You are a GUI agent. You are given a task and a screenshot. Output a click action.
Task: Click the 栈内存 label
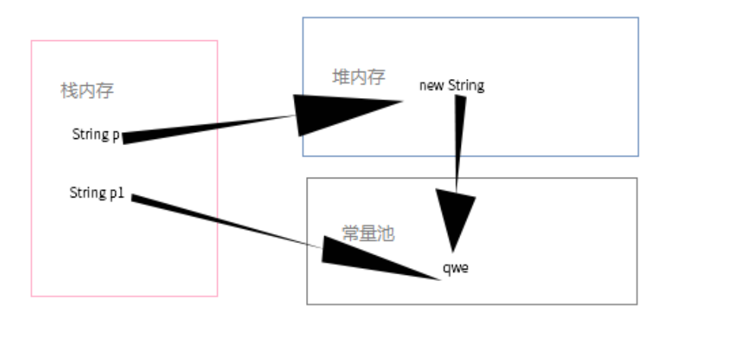pyautogui.click(x=87, y=91)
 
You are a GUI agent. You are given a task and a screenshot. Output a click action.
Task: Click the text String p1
pyautogui.click(x=97, y=193)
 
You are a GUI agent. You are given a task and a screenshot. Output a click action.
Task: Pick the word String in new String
pyautogui.click(x=465, y=85)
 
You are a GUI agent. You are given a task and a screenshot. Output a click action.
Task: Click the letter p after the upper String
pyautogui.click(x=115, y=135)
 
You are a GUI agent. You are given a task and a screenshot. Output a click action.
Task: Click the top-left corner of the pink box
pyautogui.click(x=31, y=41)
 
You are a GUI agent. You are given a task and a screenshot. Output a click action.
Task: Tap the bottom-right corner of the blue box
pyautogui.click(x=638, y=156)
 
